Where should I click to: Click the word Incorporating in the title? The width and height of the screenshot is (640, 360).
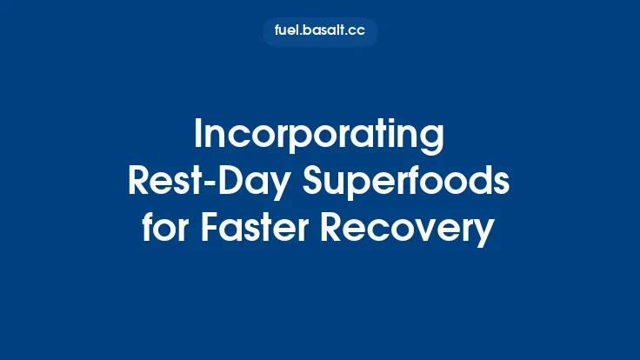pos(319,136)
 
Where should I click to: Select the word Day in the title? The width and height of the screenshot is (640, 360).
pos(243,183)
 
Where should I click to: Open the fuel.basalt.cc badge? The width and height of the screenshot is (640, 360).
pos(319,32)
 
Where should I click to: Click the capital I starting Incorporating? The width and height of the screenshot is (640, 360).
pos(197,136)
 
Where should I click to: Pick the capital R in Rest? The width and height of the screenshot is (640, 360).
pos(138,183)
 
